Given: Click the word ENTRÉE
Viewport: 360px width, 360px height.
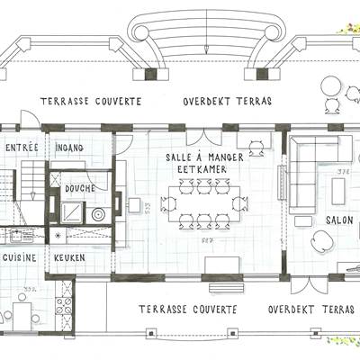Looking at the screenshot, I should coord(21,146).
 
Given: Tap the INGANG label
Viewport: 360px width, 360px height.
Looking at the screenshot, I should coord(69,146).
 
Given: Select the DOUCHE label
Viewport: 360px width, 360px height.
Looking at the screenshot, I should coord(80,189).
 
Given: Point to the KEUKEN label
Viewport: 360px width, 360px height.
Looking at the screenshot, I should coord(69,257).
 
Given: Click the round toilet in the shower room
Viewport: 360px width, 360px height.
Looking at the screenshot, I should coord(96,214).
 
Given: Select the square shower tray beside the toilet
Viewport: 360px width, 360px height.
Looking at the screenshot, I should coord(69,212).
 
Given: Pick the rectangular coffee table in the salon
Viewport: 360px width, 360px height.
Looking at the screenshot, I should coord(338,189).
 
